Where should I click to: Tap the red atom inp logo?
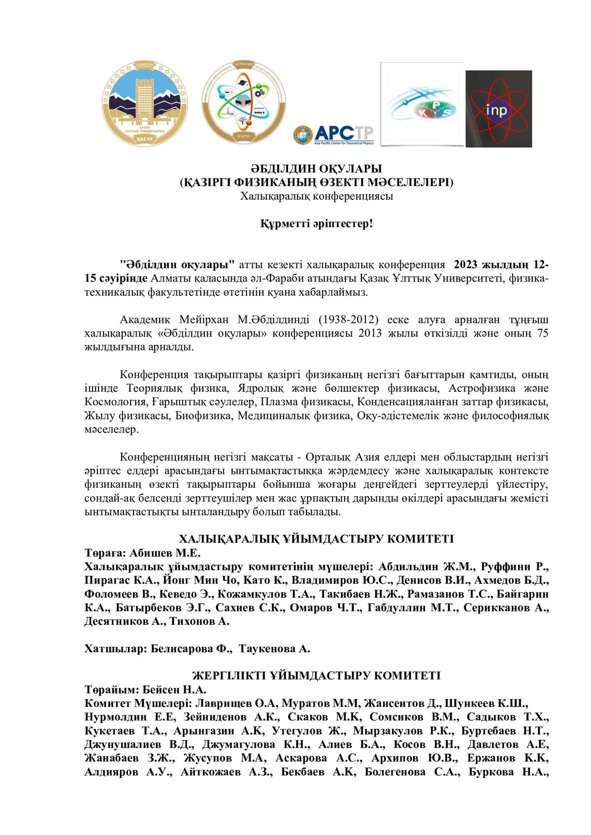pyautogui.click(x=498, y=109)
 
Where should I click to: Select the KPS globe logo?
pyautogui.click(x=423, y=104)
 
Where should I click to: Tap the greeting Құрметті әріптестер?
pyautogui.click(x=316, y=225)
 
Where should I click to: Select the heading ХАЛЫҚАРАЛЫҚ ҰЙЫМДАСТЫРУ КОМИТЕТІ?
pyautogui.click(x=316, y=538)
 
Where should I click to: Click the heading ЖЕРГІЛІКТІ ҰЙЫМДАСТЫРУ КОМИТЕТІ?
pyautogui.click(x=316, y=675)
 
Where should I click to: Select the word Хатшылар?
pyautogui.click(x=114, y=648)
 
